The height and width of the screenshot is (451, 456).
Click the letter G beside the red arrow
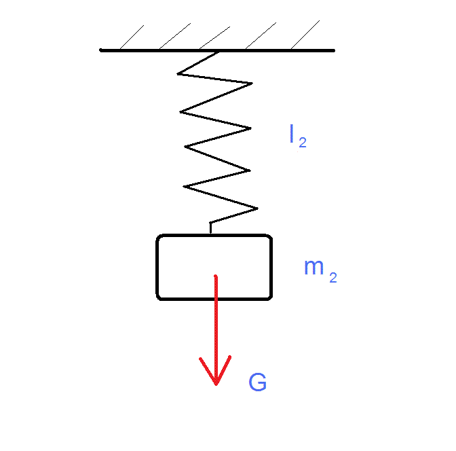257,383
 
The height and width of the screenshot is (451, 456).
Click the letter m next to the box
313,268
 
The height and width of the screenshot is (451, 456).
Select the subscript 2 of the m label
332,277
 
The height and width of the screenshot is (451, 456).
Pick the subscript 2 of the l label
303,143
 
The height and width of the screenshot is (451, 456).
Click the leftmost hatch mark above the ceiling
132,37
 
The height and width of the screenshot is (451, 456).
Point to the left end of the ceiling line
101,50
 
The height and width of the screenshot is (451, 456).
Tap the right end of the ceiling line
333,50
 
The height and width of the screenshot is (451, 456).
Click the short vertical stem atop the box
210,229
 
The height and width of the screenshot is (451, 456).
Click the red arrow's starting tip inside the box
216,276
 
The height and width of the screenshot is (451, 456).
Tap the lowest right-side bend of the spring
257,208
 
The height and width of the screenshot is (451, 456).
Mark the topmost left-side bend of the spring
178,72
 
